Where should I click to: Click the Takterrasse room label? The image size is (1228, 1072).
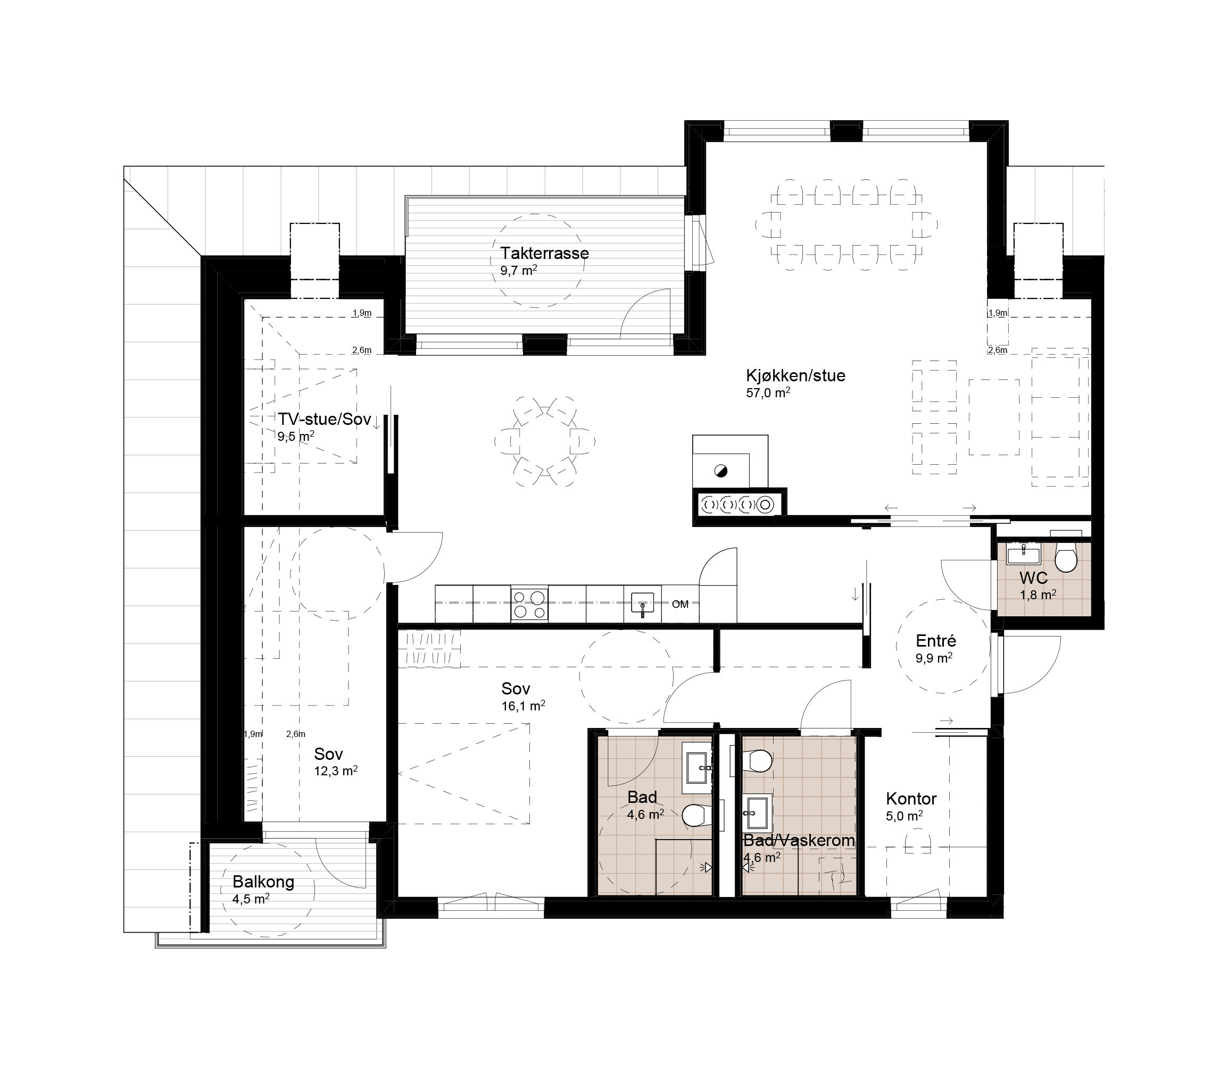[545, 253]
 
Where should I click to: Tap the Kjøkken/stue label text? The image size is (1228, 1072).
[795, 375]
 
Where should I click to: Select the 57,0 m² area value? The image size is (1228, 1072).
[768, 392]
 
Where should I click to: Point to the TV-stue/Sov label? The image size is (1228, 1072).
[325, 420]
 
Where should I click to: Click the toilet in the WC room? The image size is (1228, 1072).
[1066, 558]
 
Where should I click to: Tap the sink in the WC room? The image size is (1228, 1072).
[1024, 555]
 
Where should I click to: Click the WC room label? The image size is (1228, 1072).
[1033, 578]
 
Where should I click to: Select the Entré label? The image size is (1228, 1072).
[936, 641]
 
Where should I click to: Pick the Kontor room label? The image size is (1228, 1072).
[911, 799]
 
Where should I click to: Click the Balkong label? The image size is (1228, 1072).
[263, 882]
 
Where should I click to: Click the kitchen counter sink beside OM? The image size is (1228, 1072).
[643, 603]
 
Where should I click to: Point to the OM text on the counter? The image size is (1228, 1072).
[680, 604]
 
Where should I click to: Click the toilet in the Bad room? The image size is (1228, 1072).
[696, 815]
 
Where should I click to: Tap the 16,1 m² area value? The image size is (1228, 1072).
[523, 706]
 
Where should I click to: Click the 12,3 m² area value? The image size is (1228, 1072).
[336, 771]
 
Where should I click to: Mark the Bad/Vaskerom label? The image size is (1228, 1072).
[799, 841]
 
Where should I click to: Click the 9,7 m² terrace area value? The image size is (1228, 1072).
[518, 270]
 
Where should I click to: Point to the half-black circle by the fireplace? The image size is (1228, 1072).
[720, 471]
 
